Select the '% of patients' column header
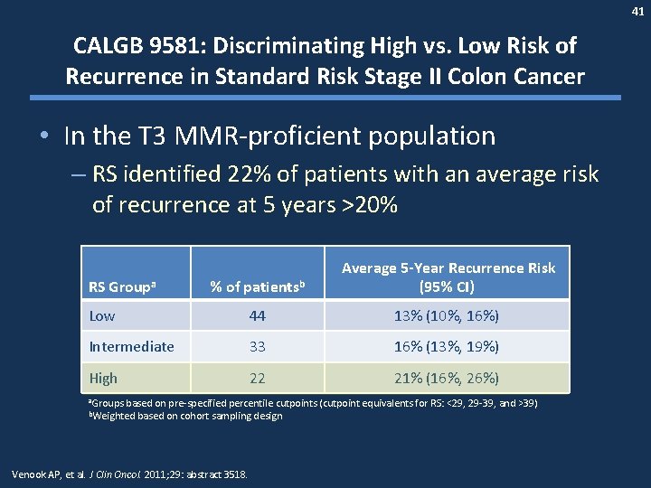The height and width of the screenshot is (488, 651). tap(257, 287)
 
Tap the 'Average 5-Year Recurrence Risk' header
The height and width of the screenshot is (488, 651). tap(448, 268)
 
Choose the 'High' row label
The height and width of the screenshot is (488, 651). tap(103, 379)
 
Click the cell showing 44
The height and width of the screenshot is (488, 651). tap(257, 315)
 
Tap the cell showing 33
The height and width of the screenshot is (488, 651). tap(257, 347)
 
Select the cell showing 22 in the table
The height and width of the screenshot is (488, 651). tap(257, 379)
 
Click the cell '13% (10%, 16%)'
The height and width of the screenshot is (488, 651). tap(448, 315)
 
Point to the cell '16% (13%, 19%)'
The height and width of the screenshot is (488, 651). tap(448, 347)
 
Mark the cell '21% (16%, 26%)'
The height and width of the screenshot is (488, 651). tap(448, 379)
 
